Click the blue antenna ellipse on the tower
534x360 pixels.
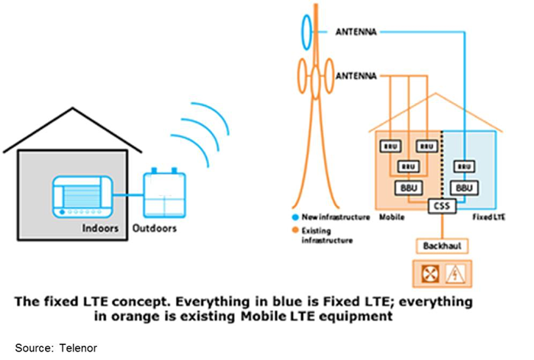(307, 31)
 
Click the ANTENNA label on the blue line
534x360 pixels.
(354, 32)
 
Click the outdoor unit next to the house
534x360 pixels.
(165, 193)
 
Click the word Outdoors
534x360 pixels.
(155, 227)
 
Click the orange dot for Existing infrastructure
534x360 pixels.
(294, 230)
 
